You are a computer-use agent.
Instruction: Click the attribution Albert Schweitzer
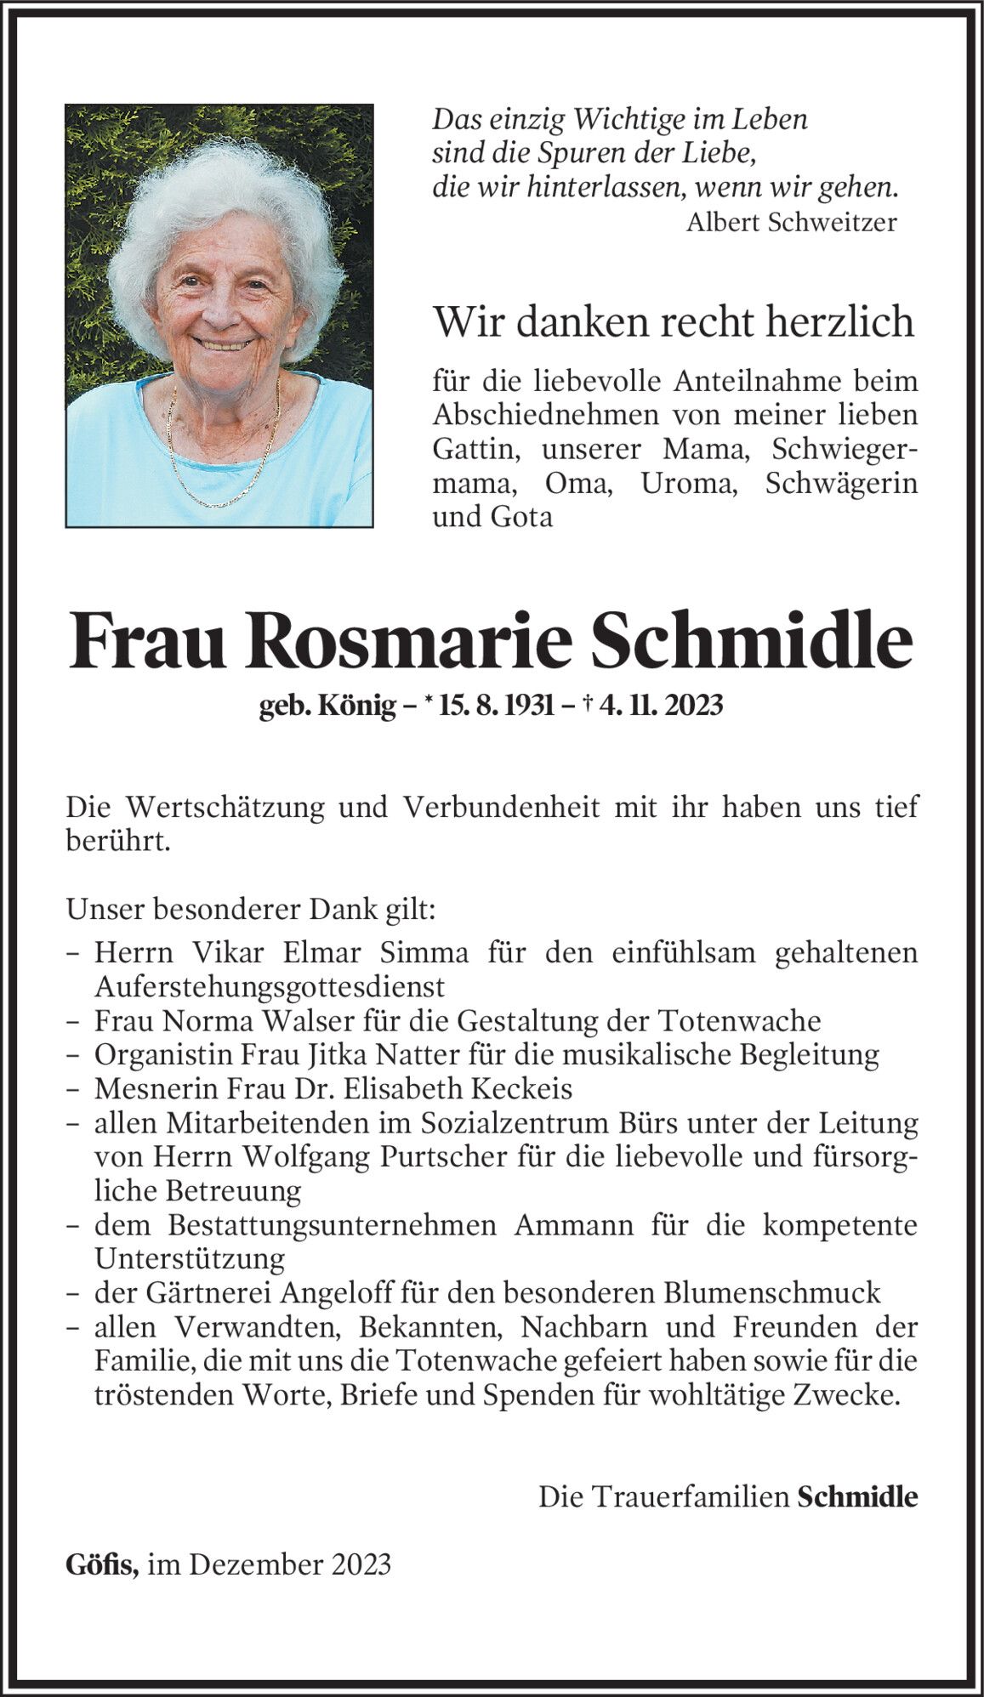pyautogui.click(x=791, y=223)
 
